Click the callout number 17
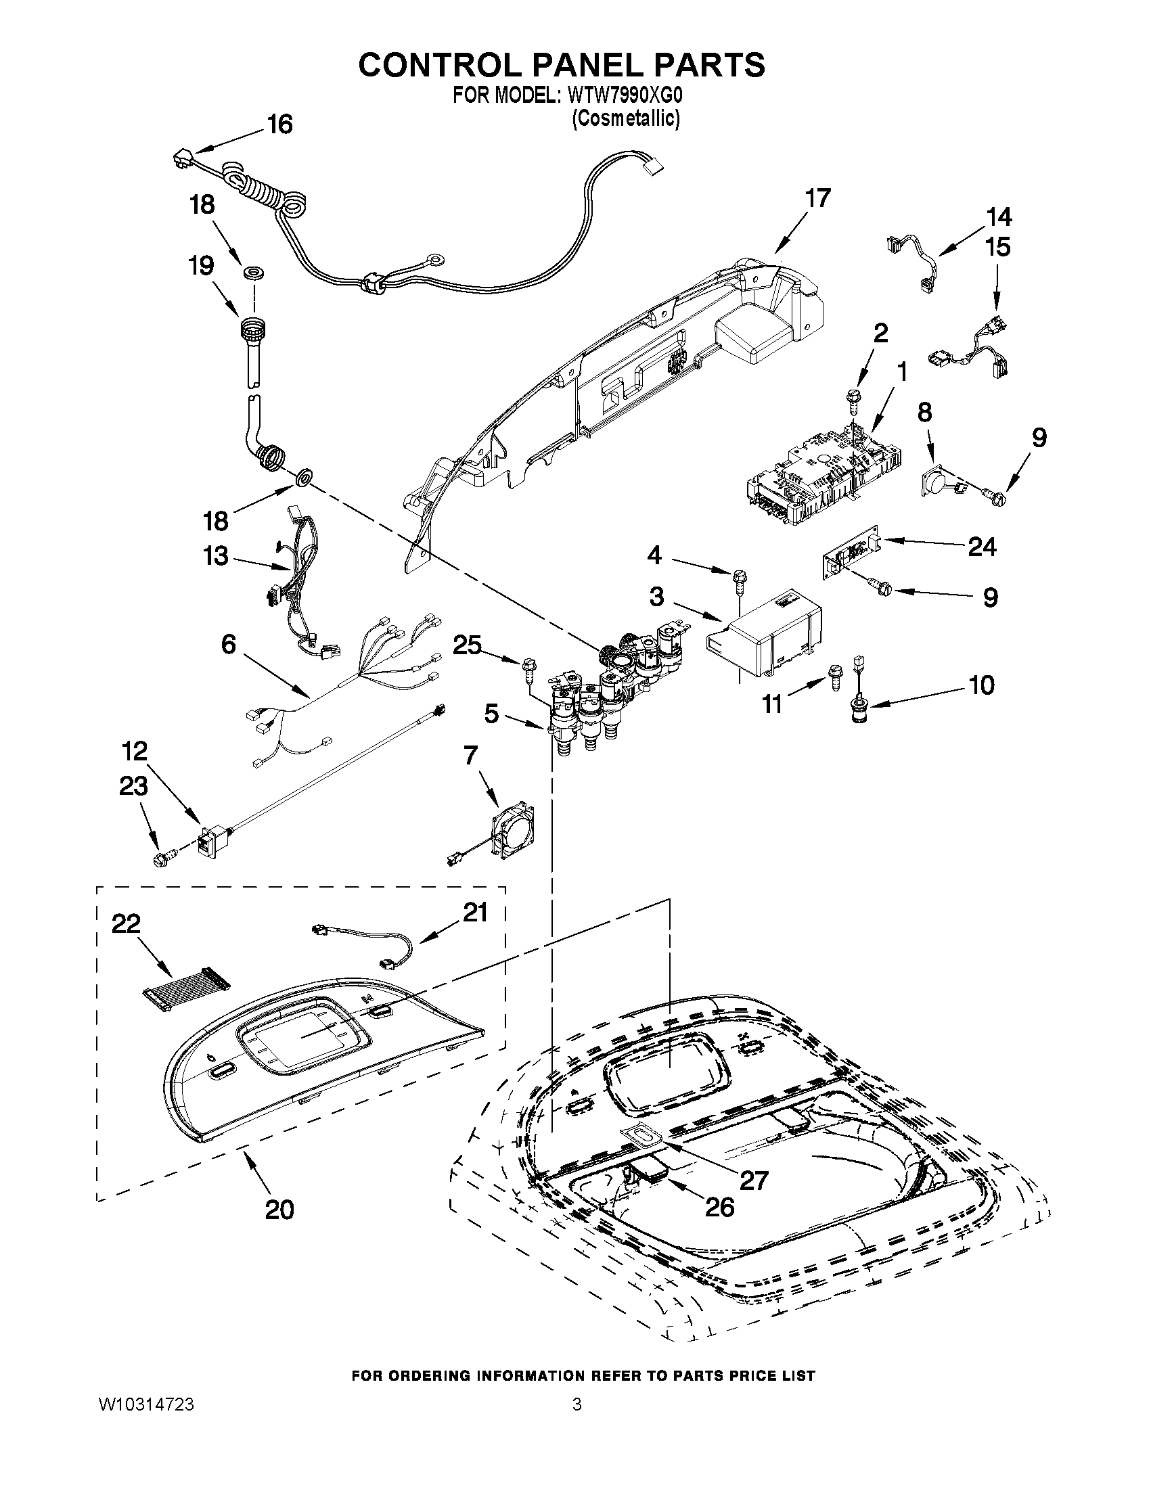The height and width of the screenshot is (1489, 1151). click(x=817, y=198)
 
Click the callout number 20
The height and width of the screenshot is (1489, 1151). click(x=279, y=1210)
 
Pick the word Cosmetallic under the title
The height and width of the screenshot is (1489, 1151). click(x=625, y=118)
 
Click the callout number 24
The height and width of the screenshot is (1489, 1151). click(x=982, y=546)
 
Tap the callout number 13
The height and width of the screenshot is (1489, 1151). click(x=215, y=555)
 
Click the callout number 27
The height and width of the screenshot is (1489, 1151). click(x=754, y=1179)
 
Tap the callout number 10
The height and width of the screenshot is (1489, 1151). click(x=981, y=685)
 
